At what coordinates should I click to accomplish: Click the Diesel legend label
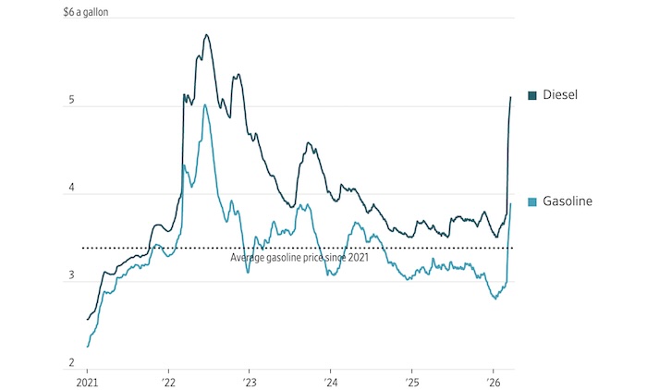coord(564,95)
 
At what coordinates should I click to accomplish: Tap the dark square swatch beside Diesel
coord(532,95)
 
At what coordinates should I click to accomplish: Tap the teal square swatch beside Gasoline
coord(532,201)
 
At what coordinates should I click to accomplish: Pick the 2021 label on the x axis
coord(86,382)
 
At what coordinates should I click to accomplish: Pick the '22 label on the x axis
coord(167,382)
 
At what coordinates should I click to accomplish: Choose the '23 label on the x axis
coord(249,382)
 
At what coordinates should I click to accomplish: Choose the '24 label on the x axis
coord(330,382)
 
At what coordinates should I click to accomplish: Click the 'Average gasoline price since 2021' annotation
coord(299,257)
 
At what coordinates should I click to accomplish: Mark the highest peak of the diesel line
coord(206,35)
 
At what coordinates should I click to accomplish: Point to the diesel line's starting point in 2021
coord(87,320)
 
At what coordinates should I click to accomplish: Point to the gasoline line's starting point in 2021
coord(87,347)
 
